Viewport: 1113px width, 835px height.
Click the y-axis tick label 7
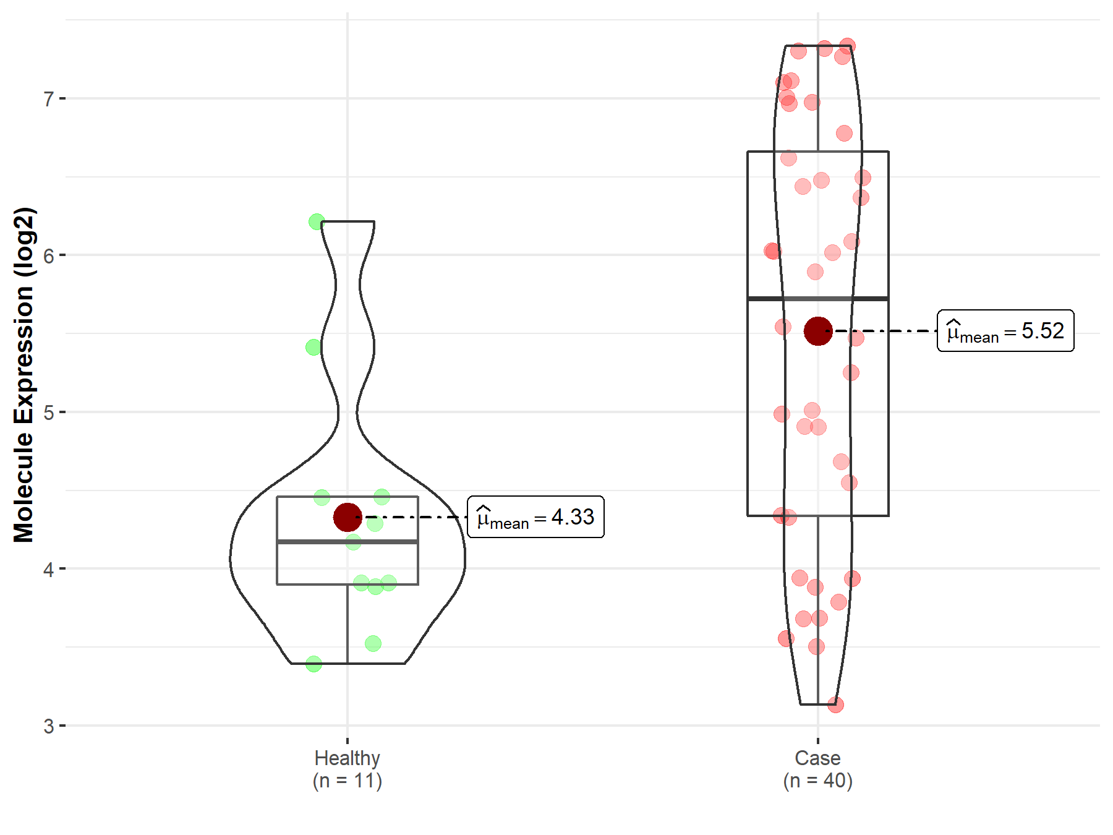coord(49,99)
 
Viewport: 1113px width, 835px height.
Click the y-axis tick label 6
coord(49,255)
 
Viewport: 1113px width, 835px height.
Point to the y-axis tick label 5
coord(49,413)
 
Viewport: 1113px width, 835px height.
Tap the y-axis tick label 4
coord(49,569)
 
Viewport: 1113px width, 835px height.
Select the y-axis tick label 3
coord(49,726)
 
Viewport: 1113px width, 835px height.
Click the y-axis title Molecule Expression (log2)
coord(23,375)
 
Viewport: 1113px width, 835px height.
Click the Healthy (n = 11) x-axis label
coord(348,769)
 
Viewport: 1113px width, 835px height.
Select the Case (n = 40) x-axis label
coord(818,769)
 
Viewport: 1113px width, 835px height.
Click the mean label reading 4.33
coord(535,517)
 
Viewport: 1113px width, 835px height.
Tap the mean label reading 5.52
coord(1005,331)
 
